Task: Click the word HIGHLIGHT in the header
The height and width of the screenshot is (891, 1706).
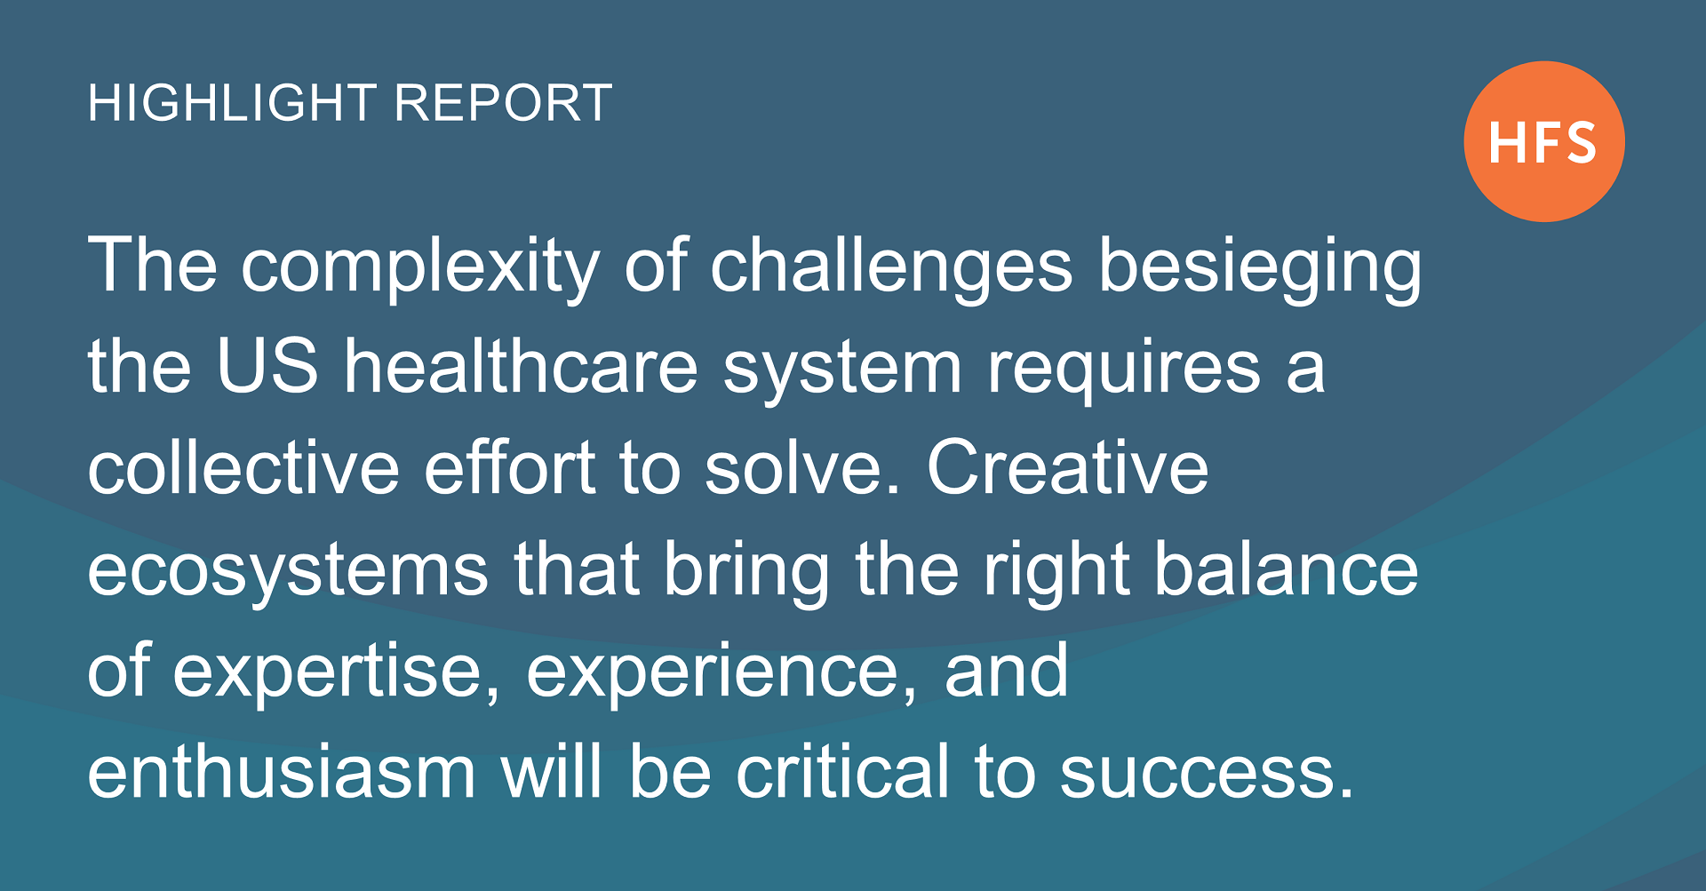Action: (x=233, y=103)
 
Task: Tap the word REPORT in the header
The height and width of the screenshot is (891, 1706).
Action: (x=504, y=103)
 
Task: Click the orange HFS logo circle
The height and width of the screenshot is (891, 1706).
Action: (x=1544, y=141)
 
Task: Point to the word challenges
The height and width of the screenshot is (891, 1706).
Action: (x=891, y=267)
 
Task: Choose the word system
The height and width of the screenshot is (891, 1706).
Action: (x=842, y=371)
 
